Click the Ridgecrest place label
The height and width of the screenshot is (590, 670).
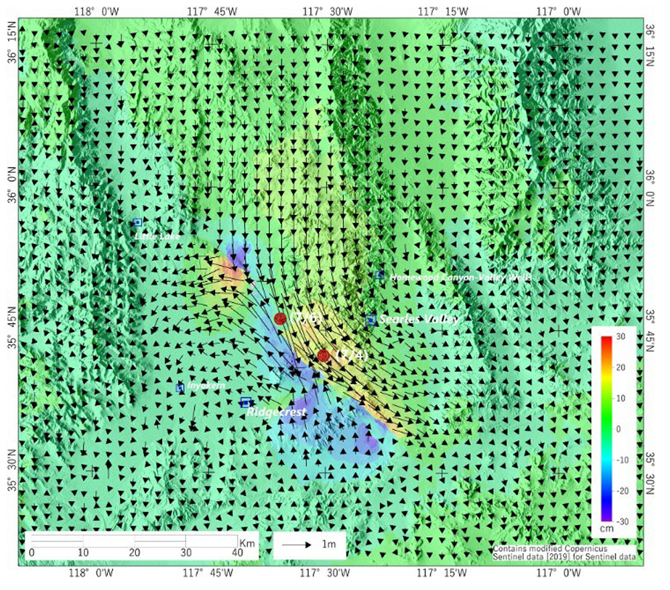point(276,412)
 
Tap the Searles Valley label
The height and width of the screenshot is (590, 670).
point(419,320)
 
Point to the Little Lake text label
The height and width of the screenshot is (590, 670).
point(157,237)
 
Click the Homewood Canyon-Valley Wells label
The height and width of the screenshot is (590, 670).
point(460,276)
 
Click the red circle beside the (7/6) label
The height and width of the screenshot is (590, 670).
point(281,318)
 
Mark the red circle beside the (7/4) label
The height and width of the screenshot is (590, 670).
point(324,355)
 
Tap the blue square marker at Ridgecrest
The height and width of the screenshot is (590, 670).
point(246,402)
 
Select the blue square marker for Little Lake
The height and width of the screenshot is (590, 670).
point(138,222)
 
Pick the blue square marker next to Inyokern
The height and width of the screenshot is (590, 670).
point(180,388)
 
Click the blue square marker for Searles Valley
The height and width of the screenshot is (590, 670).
point(371,320)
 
